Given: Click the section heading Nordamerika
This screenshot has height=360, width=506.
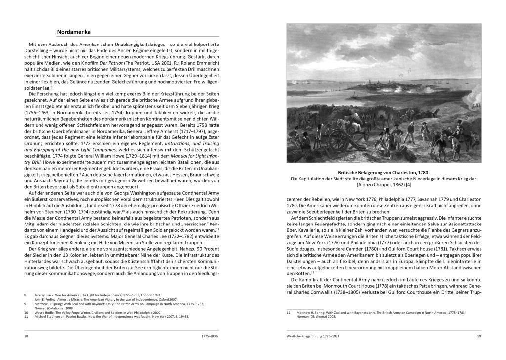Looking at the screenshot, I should (74, 31).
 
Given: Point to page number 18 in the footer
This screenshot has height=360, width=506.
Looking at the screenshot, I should (26, 336).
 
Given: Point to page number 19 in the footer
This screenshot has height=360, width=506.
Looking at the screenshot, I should (479, 336).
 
